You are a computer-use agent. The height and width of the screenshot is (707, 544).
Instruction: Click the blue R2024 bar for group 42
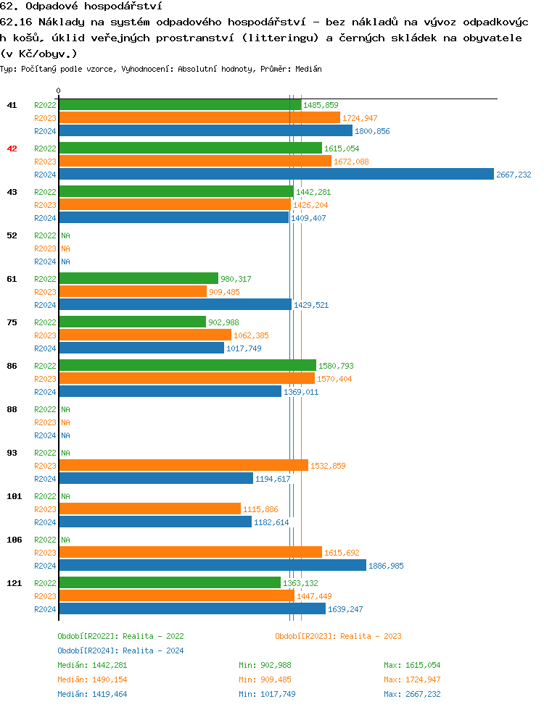click(x=276, y=175)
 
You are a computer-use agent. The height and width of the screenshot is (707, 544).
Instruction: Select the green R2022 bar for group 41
click(x=180, y=105)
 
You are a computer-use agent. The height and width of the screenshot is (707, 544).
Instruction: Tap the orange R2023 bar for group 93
click(x=184, y=466)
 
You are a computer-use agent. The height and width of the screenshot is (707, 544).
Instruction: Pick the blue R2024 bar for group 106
click(x=213, y=566)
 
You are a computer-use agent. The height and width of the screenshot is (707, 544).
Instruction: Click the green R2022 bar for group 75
click(x=133, y=322)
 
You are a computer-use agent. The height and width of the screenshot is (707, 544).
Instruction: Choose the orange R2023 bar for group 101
click(x=149, y=509)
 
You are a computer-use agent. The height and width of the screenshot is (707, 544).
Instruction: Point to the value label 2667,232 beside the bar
click(x=514, y=175)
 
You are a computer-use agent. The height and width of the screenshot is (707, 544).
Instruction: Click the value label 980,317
click(x=236, y=279)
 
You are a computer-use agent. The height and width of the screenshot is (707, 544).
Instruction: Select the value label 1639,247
click(x=345, y=609)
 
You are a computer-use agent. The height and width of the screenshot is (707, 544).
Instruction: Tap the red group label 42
click(x=12, y=148)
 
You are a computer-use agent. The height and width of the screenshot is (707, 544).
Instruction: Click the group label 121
click(x=14, y=583)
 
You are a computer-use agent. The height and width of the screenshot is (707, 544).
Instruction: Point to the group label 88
click(x=12, y=409)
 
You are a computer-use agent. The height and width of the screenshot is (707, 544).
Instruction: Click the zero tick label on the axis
click(x=59, y=91)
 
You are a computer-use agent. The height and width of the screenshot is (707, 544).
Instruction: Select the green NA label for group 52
click(x=65, y=235)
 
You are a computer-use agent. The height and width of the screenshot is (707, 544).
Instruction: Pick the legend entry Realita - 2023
click(x=338, y=636)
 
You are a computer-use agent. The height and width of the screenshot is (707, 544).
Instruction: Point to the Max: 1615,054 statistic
click(x=412, y=665)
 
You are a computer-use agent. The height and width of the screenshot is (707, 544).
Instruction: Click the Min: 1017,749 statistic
click(x=267, y=694)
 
